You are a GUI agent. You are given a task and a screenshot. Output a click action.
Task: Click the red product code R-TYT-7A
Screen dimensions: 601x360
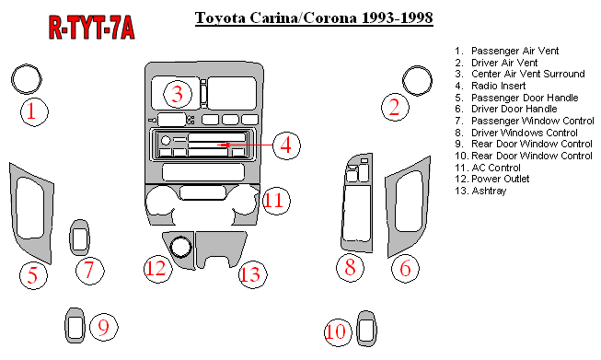(x=92, y=28)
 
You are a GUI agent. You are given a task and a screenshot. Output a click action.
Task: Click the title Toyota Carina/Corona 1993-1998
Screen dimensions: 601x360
(x=314, y=18)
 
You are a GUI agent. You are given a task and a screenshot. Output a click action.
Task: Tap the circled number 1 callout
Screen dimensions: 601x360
(x=34, y=111)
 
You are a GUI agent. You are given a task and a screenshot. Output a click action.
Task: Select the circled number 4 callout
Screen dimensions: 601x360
(x=286, y=145)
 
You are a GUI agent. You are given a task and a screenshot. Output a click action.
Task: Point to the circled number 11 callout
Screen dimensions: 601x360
(x=276, y=201)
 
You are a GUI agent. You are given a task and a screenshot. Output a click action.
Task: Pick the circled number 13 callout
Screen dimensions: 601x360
(x=252, y=274)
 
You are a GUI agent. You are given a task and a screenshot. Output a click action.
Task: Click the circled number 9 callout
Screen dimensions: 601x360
(x=104, y=327)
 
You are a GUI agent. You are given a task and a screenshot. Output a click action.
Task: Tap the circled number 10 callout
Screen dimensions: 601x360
(x=338, y=331)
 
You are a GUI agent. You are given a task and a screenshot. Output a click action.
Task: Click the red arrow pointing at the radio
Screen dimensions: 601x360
(x=245, y=145)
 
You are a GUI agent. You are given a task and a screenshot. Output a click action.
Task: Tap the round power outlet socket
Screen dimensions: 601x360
(x=180, y=248)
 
